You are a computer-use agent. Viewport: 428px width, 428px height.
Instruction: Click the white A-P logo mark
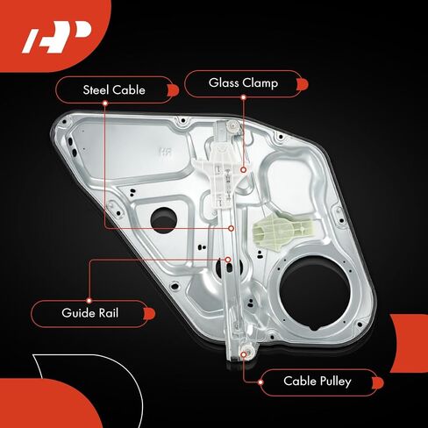tap(57, 38)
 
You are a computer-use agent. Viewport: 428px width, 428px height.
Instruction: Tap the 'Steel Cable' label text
tap(114, 89)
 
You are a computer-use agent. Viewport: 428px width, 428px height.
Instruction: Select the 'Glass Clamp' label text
tap(243, 83)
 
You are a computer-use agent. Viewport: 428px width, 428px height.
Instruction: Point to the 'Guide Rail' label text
tap(90, 313)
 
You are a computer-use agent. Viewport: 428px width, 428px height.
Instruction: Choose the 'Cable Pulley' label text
tap(317, 382)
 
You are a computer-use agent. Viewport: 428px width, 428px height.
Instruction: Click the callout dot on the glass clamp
tap(243, 169)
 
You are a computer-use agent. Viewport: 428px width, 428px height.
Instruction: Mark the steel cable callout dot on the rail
tap(232, 228)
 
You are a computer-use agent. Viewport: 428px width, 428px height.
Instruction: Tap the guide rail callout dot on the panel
tap(228, 260)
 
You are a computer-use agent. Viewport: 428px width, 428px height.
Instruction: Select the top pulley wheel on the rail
tap(232, 125)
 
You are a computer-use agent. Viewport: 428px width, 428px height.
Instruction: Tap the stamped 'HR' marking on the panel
tap(166, 152)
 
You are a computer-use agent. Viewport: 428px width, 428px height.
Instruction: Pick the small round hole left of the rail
tap(164, 220)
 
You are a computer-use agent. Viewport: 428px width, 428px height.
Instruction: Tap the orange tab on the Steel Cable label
tap(173, 90)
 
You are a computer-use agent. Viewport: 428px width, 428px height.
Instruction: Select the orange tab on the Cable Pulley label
tap(378, 383)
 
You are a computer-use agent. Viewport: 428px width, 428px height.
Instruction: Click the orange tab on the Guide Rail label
tap(150, 314)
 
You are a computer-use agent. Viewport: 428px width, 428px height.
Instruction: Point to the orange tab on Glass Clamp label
tap(303, 84)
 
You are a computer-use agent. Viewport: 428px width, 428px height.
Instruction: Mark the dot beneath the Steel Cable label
tap(105, 103)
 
